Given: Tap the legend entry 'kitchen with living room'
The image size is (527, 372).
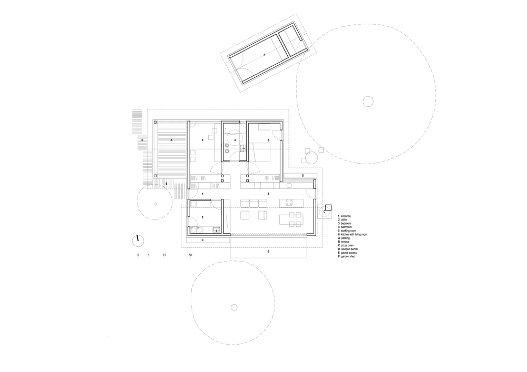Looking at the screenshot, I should (354, 234).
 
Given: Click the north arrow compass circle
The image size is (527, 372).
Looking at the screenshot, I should (138, 239).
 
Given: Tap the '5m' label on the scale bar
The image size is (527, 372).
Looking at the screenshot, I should (191, 255).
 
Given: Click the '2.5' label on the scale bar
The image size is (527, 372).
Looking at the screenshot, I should (164, 255).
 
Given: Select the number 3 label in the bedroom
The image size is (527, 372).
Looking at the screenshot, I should (202, 140).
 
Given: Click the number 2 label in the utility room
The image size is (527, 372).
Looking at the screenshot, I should (202, 217).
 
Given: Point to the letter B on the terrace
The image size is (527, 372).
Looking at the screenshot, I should (268, 252).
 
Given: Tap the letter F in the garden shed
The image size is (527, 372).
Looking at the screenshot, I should (264, 55).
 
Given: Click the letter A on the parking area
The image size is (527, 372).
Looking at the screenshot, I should (171, 140).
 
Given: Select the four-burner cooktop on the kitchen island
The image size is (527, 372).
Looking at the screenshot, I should (289, 202).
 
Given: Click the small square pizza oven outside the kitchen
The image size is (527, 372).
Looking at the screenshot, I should (327, 208).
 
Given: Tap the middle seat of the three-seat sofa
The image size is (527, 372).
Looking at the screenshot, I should (253, 203).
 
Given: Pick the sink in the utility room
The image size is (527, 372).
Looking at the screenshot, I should (216, 229).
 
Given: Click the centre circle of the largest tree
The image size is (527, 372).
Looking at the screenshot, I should (367, 101).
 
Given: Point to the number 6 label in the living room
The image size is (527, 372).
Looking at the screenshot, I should (268, 194).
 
